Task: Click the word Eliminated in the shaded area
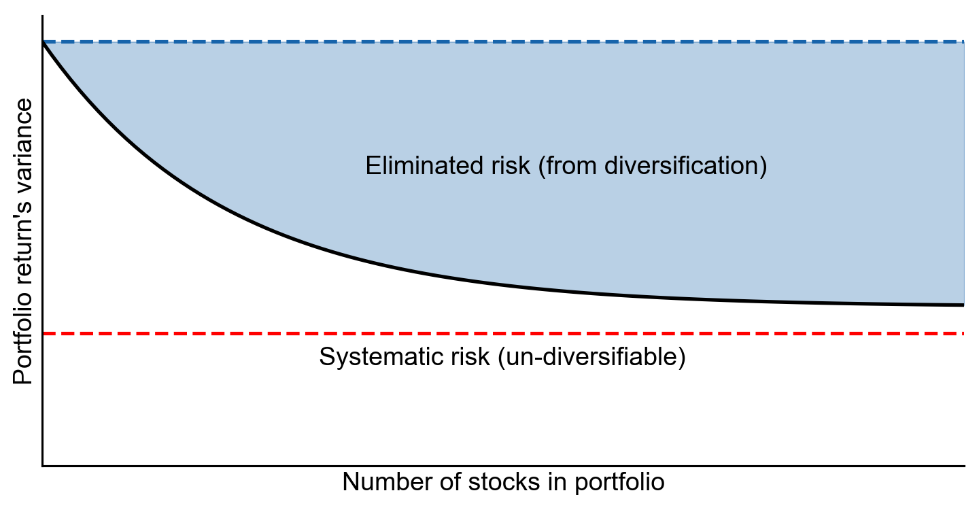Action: click(x=424, y=166)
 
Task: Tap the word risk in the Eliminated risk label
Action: click(x=510, y=166)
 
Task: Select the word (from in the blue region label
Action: click(x=567, y=166)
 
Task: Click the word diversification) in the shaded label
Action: click(x=686, y=166)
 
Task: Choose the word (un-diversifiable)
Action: click(x=591, y=357)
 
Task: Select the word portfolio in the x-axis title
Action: click(x=619, y=483)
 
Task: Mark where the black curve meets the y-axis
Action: click(x=43, y=43)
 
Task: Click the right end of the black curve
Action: click(x=964, y=305)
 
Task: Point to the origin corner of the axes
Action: click(x=43, y=466)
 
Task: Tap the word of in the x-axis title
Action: click(x=450, y=482)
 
